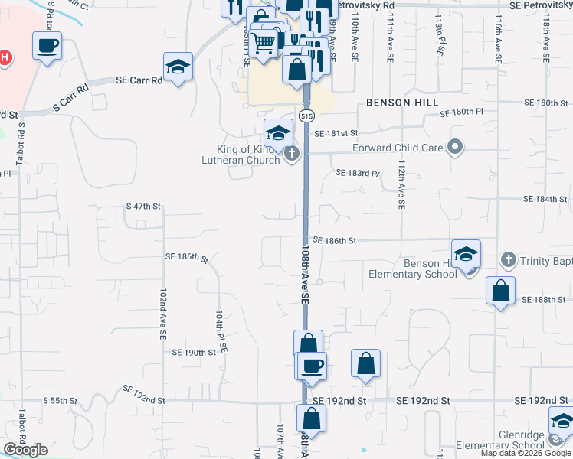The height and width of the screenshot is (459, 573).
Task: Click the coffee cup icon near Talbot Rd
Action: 47,45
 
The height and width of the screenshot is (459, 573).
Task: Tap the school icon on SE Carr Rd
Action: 178,67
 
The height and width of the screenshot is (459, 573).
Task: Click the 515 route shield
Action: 306,116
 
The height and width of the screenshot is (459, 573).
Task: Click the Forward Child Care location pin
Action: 455,147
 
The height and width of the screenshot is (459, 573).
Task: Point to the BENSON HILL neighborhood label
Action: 402,103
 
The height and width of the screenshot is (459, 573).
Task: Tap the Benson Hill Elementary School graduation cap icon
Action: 466,255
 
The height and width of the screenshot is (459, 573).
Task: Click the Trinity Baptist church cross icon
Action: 507,261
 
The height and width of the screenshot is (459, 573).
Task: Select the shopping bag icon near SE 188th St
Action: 500,291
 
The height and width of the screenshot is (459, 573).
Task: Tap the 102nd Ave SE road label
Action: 162,314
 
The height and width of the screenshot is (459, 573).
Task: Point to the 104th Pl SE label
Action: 221,330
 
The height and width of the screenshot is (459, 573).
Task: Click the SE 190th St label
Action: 195,353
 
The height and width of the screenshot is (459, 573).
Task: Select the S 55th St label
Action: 61,400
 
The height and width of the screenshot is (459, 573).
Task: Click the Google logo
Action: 25,450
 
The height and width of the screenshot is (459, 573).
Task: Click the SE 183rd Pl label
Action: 357,173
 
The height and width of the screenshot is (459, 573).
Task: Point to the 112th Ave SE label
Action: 401,184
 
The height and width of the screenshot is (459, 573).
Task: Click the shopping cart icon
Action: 264,43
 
